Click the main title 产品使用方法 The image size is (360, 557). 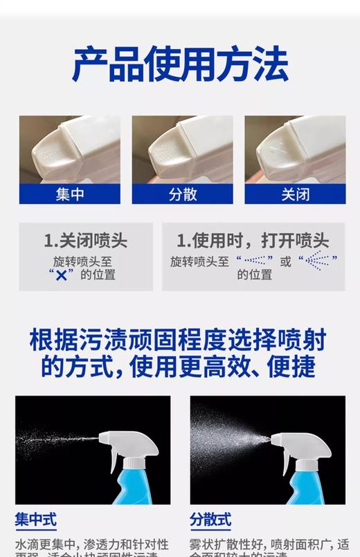click(180, 64)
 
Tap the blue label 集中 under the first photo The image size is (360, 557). click(69, 194)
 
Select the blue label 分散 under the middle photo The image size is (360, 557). click(183, 194)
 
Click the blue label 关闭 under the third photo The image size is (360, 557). click(295, 194)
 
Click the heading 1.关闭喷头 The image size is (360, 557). click(86, 241)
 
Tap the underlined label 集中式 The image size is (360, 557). click(36, 520)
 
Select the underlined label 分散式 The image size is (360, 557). click(210, 520)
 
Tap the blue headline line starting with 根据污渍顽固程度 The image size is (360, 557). click(178, 340)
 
